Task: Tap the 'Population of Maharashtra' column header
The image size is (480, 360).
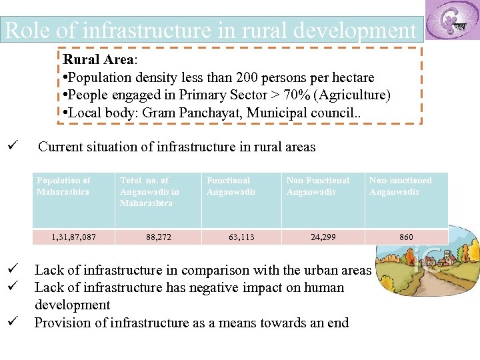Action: [x=64, y=186]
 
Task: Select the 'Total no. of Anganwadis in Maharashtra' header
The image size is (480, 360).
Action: [x=149, y=191]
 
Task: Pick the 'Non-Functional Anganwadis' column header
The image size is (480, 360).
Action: [x=318, y=186]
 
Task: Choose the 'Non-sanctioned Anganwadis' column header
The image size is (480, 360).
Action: [x=401, y=186]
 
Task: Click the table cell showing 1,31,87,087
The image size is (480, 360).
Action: [x=73, y=237]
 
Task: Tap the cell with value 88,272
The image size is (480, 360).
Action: [x=158, y=237]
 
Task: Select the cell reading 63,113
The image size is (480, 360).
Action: [x=241, y=237]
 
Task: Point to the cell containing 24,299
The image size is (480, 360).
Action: [x=323, y=237]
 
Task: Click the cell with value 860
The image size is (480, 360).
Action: [x=406, y=237]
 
